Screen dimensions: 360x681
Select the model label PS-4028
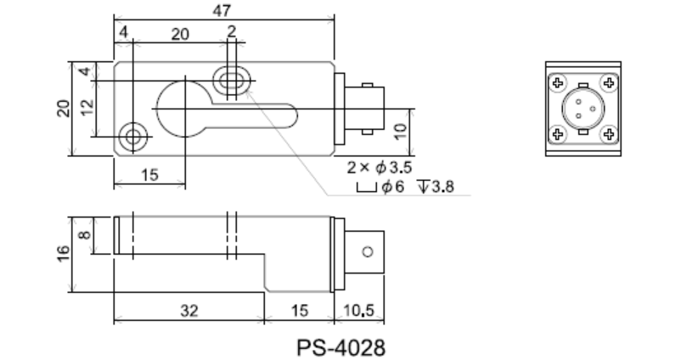point(341,347)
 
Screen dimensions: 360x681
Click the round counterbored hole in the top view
point(132,136)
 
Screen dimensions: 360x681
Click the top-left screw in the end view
point(557,83)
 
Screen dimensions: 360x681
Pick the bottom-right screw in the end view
point(608,133)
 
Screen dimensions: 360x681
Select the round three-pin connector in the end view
point(583,109)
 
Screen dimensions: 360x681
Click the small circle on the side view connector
point(367,252)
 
